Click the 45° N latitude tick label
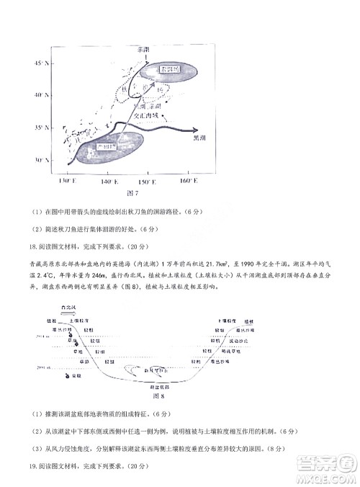(x=40, y=64)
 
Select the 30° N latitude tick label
(x=40, y=160)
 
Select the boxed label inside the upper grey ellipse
(x=170, y=69)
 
